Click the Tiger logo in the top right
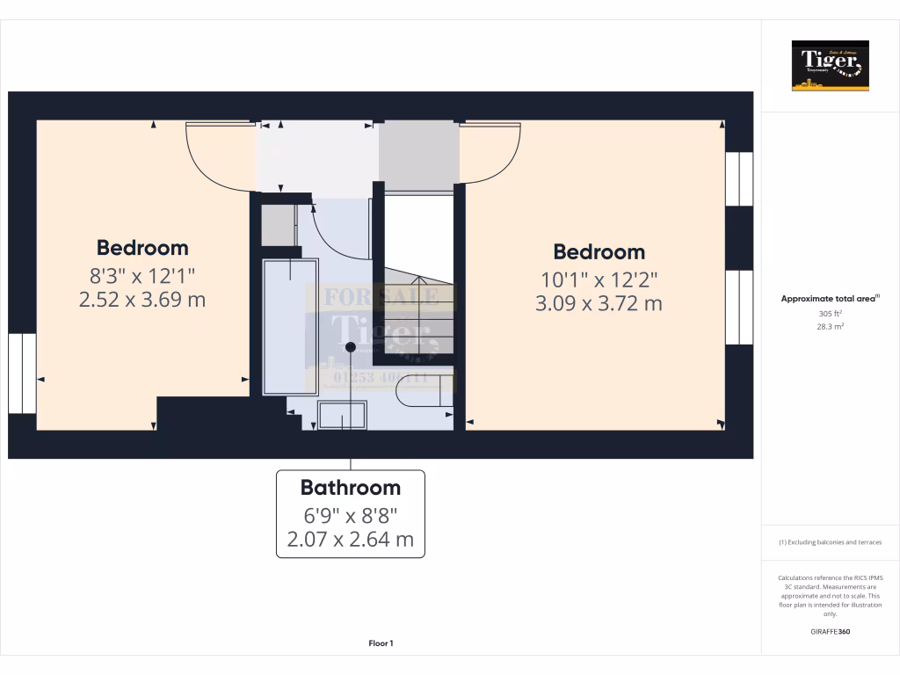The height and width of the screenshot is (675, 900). tap(830, 65)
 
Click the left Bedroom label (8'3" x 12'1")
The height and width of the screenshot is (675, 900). tap(142, 248)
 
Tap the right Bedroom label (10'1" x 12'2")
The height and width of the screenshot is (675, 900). tap(599, 252)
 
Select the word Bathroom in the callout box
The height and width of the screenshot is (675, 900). tap(350, 488)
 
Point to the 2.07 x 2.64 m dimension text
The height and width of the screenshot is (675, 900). tap(350, 539)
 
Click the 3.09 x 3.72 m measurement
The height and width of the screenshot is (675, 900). tap(599, 304)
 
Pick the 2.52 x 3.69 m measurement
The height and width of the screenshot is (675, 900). tap(142, 300)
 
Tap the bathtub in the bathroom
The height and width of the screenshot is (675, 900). tap(289, 325)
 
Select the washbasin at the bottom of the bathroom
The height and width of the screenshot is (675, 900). tap(342, 415)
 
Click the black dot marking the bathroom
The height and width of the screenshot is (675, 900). tap(351, 348)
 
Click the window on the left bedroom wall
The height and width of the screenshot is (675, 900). tap(22, 374)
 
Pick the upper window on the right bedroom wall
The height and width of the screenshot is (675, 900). tap(739, 179)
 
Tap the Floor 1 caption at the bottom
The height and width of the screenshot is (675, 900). tap(381, 643)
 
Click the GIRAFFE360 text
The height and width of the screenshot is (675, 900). tap(830, 632)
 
